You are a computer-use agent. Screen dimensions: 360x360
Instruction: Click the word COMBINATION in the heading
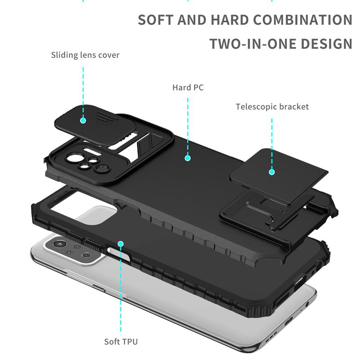click(302, 20)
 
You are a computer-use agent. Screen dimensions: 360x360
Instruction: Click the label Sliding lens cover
click(85, 55)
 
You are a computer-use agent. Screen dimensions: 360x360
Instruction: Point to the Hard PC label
click(188, 87)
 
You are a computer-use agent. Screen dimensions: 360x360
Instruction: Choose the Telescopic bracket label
click(272, 107)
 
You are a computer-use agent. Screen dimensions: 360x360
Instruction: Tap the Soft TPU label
click(121, 342)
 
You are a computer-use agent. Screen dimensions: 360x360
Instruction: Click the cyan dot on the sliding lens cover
click(83, 120)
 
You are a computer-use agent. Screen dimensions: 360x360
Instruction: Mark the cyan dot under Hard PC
click(188, 158)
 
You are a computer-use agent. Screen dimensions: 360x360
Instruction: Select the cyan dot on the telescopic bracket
click(272, 171)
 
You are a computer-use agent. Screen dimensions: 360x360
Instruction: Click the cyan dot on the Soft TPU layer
click(121, 243)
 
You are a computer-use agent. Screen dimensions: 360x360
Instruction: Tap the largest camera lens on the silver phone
click(58, 244)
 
